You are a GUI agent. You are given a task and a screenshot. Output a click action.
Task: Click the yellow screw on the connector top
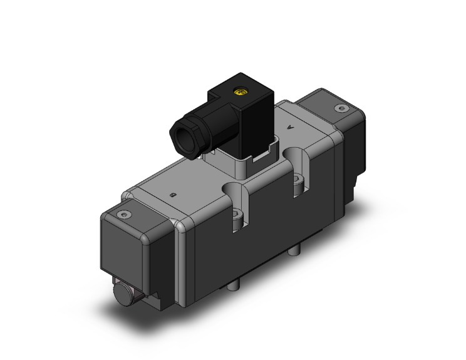point(238,92)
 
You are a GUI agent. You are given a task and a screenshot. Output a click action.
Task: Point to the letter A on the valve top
point(289,127)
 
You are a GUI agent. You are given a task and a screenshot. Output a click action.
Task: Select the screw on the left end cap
point(123,215)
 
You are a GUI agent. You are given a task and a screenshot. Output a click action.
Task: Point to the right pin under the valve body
point(294,251)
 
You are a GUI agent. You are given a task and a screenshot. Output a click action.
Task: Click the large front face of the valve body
point(263,250)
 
